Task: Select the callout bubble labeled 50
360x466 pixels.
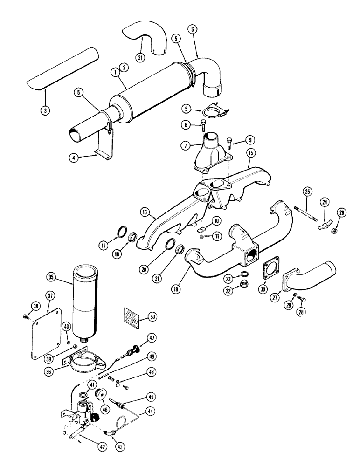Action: tap(152, 317)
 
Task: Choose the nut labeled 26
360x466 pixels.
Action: tap(335, 231)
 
